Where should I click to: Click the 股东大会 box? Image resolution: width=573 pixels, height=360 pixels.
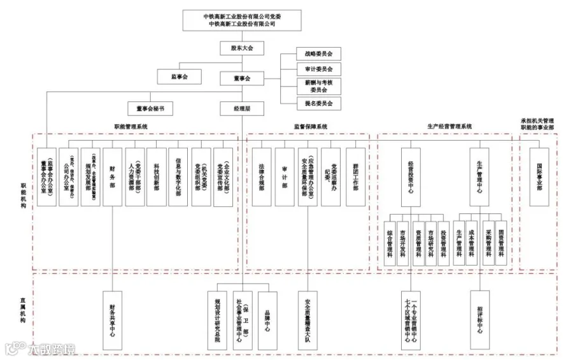click(242, 48)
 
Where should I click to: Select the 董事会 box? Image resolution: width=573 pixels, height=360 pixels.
click(242, 78)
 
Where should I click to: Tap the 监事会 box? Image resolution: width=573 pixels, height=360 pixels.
click(178, 76)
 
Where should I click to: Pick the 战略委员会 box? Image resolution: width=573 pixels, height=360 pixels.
click(318, 54)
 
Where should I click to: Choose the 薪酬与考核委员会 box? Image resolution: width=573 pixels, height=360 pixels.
click(318, 86)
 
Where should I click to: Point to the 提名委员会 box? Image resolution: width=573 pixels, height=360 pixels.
click(318, 103)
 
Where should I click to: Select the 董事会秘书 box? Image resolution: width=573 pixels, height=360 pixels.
click(150, 108)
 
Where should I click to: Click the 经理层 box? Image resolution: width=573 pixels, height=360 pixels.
click(242, 108)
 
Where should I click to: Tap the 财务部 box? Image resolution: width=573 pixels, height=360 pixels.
click(112, 176)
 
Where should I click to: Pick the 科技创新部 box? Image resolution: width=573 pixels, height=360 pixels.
click(156, 176)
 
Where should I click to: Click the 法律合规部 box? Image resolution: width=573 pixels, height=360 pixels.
click(261, 176)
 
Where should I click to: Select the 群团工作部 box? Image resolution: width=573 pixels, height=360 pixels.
click(355, 176)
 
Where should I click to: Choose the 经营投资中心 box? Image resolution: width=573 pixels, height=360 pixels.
click(411, 176)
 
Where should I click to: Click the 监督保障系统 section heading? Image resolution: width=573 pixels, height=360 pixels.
click(310, 127)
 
